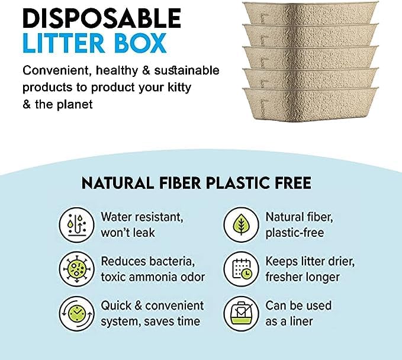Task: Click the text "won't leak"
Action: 128,233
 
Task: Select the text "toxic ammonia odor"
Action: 153,277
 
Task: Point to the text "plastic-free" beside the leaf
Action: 295,233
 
